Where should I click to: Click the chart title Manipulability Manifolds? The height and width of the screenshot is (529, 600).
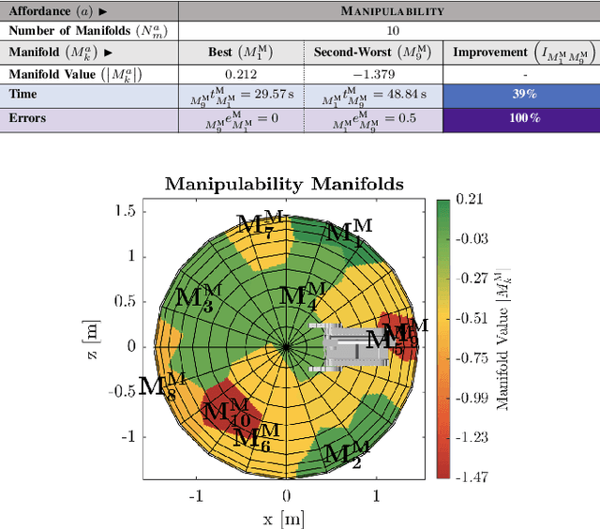tap(284, 184)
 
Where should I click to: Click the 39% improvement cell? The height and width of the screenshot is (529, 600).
tap(524, 95)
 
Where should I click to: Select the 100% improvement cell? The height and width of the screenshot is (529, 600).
tap(524, 119)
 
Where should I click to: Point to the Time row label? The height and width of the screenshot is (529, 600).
tap(24, 95)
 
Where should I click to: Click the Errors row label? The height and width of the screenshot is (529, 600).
tap(28, 119)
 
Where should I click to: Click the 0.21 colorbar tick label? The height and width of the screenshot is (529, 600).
tap(470, 200)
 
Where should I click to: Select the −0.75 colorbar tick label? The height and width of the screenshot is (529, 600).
tap(472, 357)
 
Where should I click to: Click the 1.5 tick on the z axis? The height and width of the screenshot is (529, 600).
tap(126, 212)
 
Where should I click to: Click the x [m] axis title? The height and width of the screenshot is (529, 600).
tap(285, 519)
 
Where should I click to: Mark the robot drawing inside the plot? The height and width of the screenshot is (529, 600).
tap(353, 346)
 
